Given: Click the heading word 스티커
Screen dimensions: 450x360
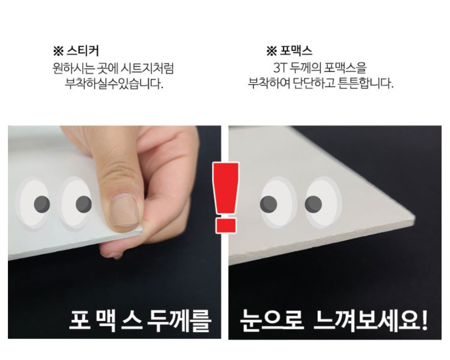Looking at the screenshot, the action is pos(83,51).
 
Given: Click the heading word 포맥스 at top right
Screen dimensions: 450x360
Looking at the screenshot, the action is pos(296,51).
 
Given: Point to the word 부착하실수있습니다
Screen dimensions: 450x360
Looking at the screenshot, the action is pos(114,84).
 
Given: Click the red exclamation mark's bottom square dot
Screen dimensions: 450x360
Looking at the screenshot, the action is pos(226,226).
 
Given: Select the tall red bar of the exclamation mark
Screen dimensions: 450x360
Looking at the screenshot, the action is pos(226,188).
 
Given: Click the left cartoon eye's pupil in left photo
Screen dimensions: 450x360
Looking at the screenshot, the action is pos(42,204).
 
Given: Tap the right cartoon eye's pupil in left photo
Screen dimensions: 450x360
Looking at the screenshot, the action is pos(83,204).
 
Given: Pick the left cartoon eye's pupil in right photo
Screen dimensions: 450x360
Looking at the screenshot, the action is pos(268,204).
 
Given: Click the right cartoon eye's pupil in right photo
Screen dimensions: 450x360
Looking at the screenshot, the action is pos(313,204).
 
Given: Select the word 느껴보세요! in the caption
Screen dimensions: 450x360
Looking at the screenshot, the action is pos(370,321).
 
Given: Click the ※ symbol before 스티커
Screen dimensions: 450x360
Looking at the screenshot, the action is pos(58,51).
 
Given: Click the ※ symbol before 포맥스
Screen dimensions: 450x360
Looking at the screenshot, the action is pos(271,51).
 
